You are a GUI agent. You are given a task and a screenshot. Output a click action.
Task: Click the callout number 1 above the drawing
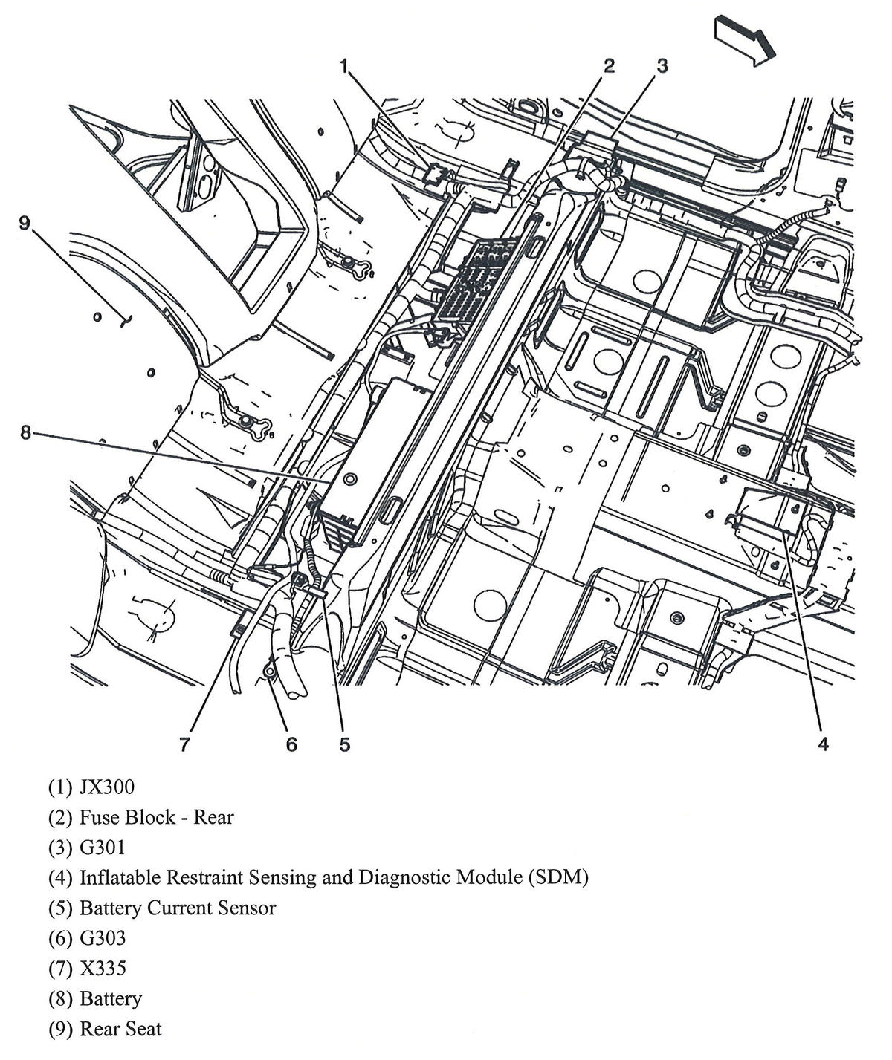pyautogui.click(x=344, y=67)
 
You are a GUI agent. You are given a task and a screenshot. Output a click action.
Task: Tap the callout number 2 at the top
pyautogui.click(x=609, y=66)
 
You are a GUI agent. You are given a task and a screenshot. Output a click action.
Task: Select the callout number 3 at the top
pyautogui.click(x=662, y=66)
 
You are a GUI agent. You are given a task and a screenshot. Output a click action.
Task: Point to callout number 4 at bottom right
pyautogui.click(x=823, y=744)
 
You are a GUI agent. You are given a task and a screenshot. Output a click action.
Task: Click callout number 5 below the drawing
pyautogui.click(x=344, y=744)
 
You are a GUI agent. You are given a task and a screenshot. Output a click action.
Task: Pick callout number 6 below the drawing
pyautogui.click(x=291, y=744)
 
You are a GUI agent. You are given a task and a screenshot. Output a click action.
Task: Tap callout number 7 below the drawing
pyautogui.click(x=184, y=744)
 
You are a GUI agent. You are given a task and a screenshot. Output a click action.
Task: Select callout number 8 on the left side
pyautogui.click(x=26, y=432)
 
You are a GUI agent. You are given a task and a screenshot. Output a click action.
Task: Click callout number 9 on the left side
pyautogui.click(x=25, y=223)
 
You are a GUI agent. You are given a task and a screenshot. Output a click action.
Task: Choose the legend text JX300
pyautogui.click(x=107, y=787)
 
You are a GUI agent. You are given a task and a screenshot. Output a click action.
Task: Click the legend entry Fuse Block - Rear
pyautogui.click(x=156, y=817)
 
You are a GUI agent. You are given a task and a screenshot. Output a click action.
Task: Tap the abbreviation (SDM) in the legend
pyautogui.click(x=559, y=877)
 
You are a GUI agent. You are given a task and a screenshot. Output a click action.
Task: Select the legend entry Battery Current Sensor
pyautogui.click(x=178, y=908)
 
